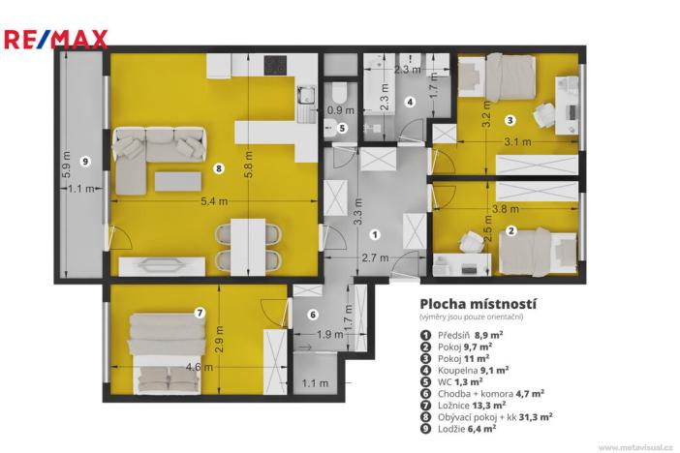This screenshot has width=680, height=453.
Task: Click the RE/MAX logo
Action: click(x=55, y=40)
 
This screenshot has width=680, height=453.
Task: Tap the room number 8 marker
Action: click(x=219, y=168)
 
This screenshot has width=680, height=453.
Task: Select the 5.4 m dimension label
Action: click(x=214, y=201)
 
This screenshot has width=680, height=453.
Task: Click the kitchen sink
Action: click(x=308, y=97)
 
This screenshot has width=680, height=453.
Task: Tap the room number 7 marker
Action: click(x=200, y=313)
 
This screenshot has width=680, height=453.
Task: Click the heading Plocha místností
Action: click(x=478, y=303)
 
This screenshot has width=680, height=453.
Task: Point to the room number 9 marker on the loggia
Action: click(x=85, y=161)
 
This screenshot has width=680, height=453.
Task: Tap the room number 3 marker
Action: click(x=510, y=120)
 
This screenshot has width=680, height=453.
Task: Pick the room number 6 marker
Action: click(x=313, y=315)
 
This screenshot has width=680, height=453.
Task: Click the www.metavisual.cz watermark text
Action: click(x=634, y=447)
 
